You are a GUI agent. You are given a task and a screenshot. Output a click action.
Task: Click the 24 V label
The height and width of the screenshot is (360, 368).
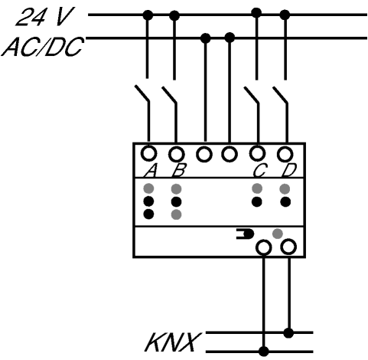pyautogui.click(x=45, y=17)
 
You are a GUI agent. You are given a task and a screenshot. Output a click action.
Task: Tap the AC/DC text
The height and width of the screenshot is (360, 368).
pyautogui.click(x=43, y=47)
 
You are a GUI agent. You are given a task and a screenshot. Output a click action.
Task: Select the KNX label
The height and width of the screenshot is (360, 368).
pyautogui.click(x=172, y=342)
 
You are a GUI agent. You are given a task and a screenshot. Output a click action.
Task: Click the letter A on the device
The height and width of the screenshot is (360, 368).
pyautogui.click(x=150, y=170)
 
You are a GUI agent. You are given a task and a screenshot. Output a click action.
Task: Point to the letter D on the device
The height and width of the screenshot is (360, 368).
pyautogui.click(x=288, y=170)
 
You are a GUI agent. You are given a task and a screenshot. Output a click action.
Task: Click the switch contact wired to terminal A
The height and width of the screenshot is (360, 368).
pyautogui.click(x=142, y=93)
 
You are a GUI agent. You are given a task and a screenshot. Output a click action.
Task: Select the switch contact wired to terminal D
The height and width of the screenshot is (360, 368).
pyautogui.click(x=280, y=95)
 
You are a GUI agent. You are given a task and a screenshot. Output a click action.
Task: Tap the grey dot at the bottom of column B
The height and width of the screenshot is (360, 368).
pyautogui.click(x=176, y=214)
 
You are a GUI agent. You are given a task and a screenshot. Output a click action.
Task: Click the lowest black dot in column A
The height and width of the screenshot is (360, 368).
pyautogui.click(x=148, y=214)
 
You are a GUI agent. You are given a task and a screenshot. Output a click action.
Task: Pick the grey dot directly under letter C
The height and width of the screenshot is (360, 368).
pyautogui.click(x=257, y=188)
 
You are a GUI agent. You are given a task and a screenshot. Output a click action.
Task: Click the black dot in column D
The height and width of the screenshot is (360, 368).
pyautogui.click(x=285, y=202)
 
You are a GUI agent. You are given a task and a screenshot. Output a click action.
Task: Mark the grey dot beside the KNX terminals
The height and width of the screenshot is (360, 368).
pyautogui.click(x=278, y=234)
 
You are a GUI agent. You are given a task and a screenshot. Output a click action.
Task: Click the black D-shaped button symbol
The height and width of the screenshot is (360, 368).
pyautogui.click(x=246, y=234)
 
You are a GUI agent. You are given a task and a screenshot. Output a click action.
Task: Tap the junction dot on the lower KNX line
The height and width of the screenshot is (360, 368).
pyautogui.click(x=264, y=352)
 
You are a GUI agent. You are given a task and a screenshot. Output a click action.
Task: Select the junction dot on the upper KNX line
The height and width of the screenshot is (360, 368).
pyautogui.click(x=288, y=333)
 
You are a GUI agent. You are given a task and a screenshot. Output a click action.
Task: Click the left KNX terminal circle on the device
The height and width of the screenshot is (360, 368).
pyautogui.click(x=264, y=247)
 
